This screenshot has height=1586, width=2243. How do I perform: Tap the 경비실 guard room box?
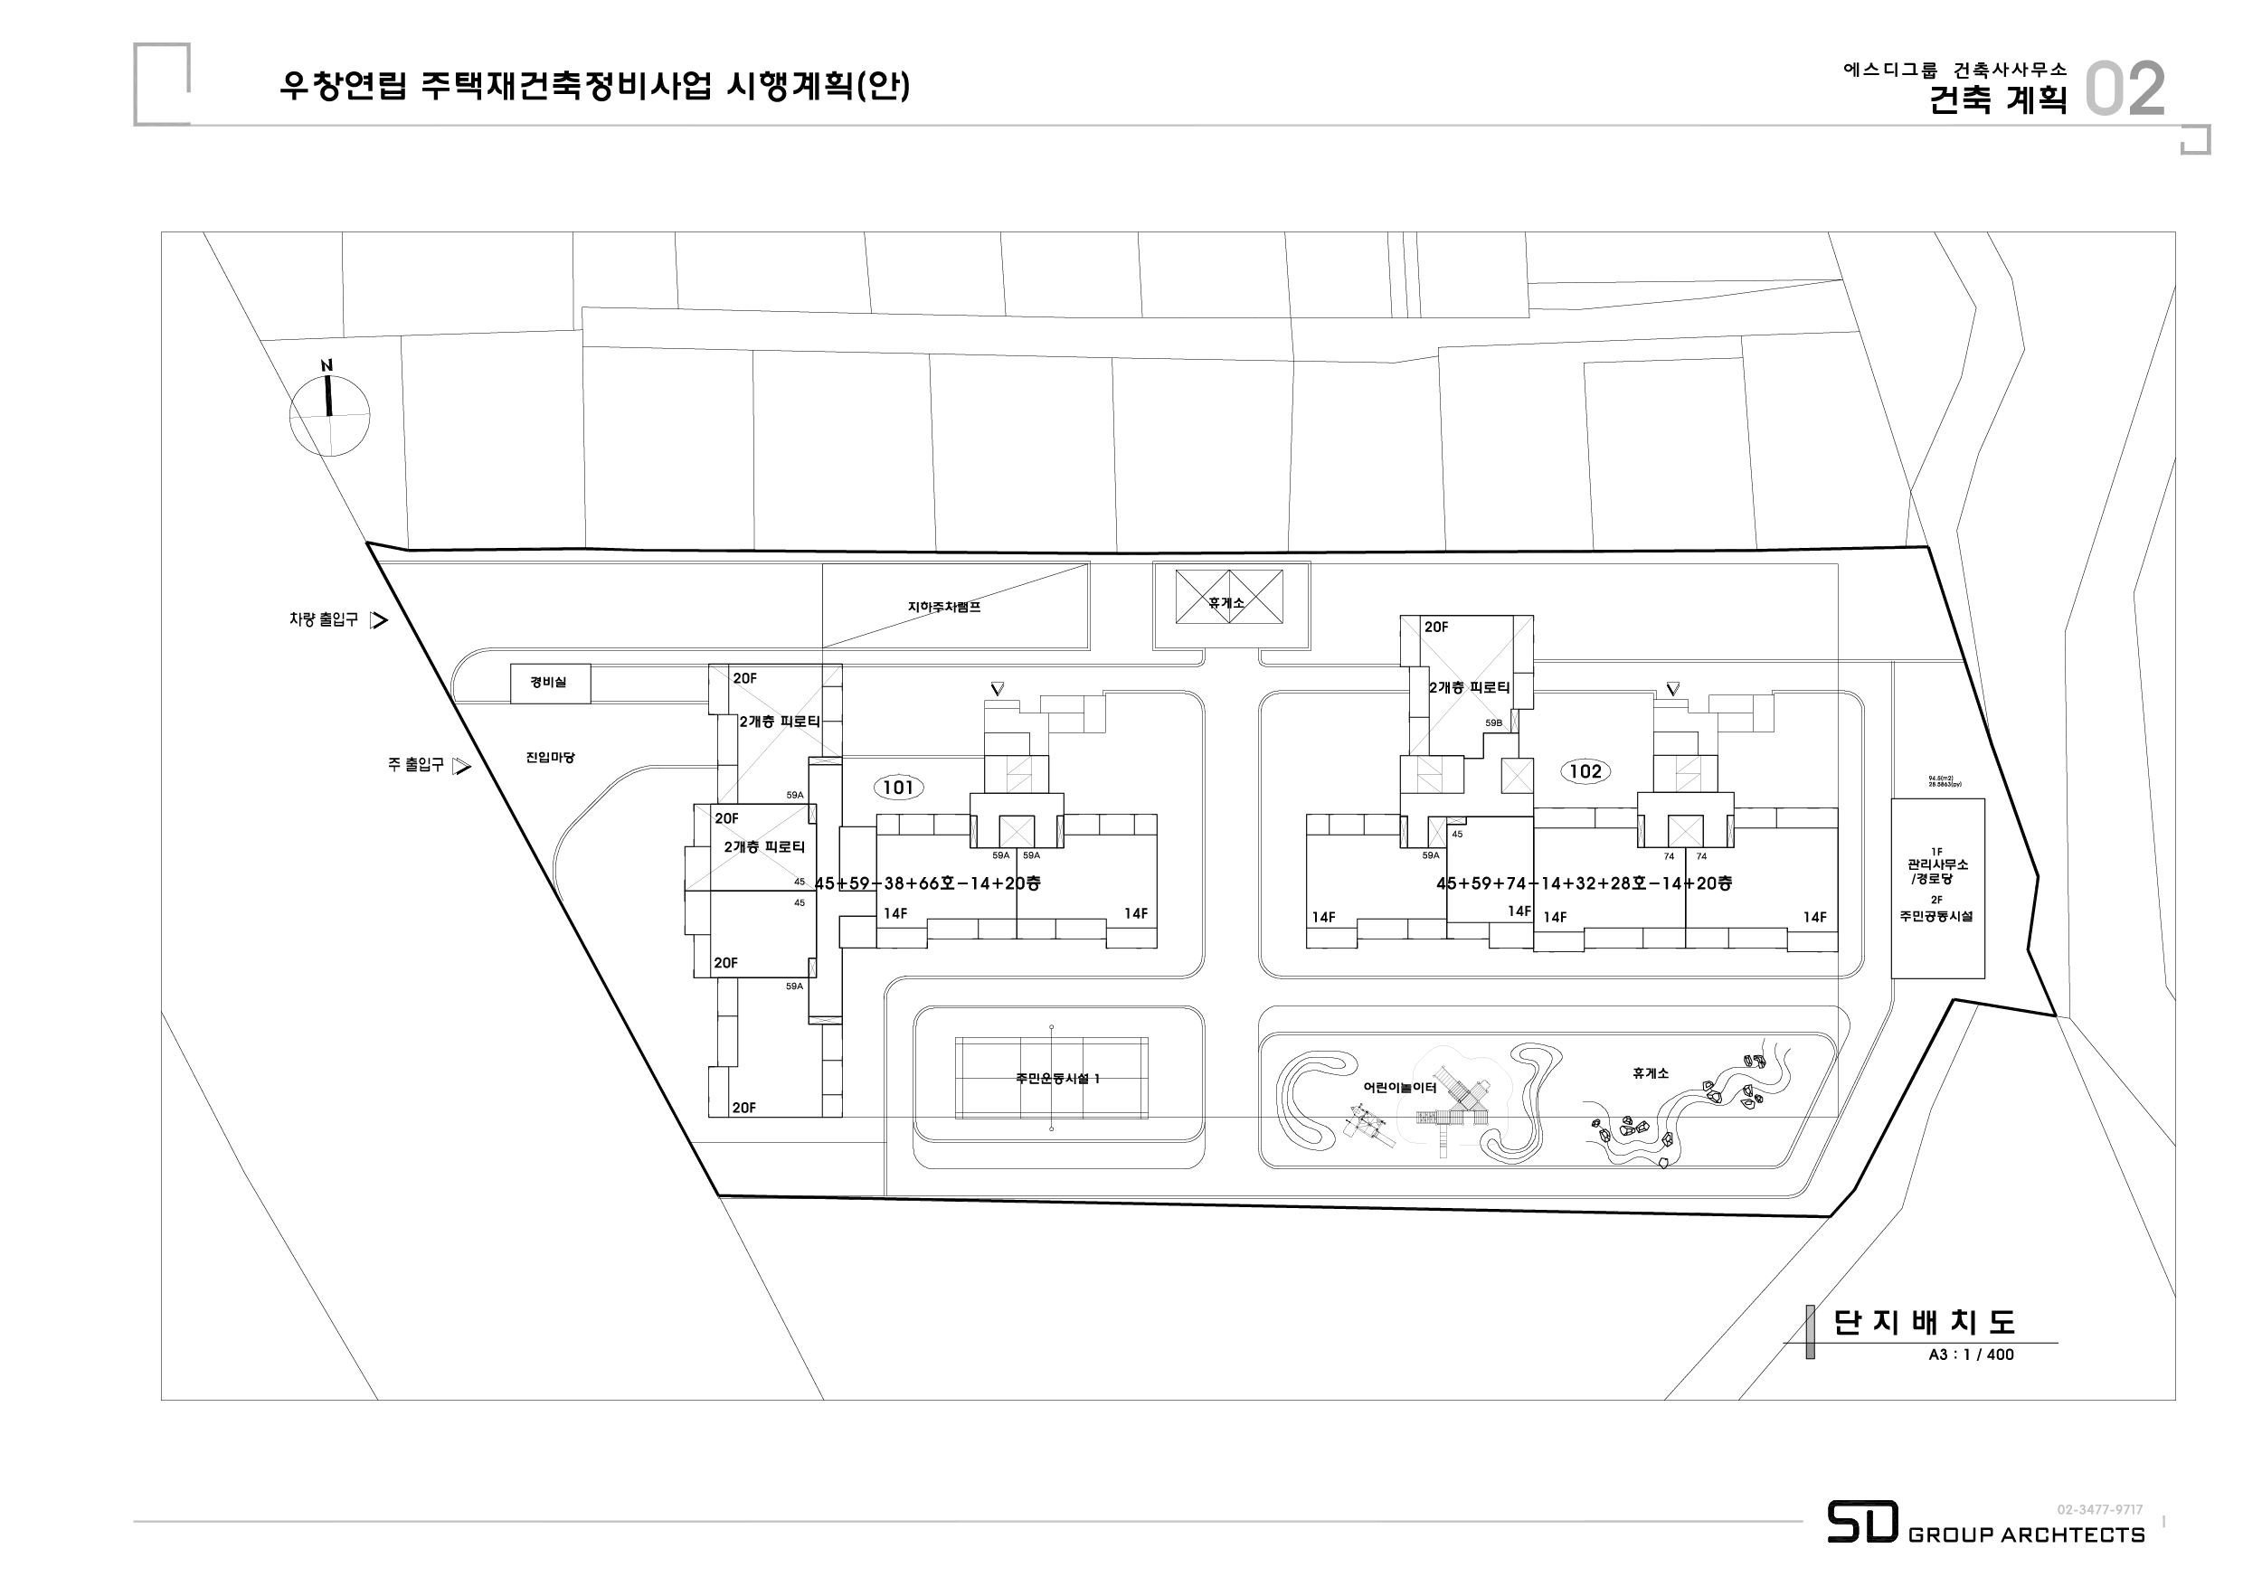[x=550, y=683]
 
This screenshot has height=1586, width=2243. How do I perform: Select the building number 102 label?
[x=1585, y=771]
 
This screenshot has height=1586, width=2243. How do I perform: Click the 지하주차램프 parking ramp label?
[x=943, y=607]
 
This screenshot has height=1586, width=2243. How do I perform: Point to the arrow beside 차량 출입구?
[x=379, y=619]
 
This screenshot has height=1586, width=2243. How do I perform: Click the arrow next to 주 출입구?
[x=462, y=766]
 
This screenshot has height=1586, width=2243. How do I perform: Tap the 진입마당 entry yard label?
[x=550, y=757]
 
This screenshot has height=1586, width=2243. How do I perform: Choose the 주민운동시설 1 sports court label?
[x=1057, y=1078]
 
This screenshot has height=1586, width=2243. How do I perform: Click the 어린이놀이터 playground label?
[x=1400, y=1087]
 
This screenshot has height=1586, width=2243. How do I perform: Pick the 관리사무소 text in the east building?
[x=1937, y=864]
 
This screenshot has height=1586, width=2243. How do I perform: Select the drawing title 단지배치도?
[x=1924, y=1321]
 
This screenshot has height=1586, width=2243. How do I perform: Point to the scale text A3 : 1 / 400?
[x=1971, y=1355]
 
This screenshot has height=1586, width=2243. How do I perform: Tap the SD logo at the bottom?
[x=1862, y=1522]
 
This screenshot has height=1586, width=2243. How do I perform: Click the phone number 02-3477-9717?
[x=2099, y=1510]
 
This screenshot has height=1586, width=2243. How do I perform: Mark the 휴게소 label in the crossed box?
[x=1227, y=602]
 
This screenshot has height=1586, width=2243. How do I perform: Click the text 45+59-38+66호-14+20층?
[x=927, y=883]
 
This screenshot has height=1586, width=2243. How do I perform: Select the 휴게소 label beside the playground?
[x=1650, y=1073]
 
